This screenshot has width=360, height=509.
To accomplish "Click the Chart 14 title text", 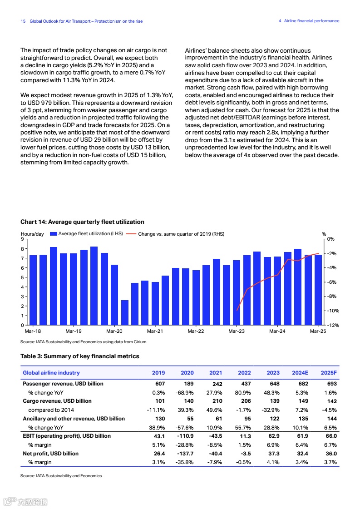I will pyautogui.click(x=82, y=222).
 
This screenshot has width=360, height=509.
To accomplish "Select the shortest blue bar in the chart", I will pyautogui.click(x=124, y=312).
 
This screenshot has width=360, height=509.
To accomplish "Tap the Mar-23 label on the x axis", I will pyautogui.click(x=236, y=331).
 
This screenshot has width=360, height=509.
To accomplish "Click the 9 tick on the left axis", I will pyautogui.click(x=22, y=239).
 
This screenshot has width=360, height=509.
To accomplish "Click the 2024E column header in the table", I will pyautogui.click(x=300, y=373).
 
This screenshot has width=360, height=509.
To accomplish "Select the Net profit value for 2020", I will pyautogui.click(x=186, y=454).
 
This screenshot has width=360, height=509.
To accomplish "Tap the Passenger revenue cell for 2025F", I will pyautogui.click(x=331, y=384).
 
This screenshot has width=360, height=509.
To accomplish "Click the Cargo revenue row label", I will pyautogui.click(x=57, y=401).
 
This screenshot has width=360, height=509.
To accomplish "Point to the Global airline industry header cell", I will pyautogui.click(x=51, y=373).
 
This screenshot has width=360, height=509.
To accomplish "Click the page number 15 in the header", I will pyautogui.click(x=23, y=21).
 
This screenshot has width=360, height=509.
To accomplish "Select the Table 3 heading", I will pyautogui.click(x=80, y=356).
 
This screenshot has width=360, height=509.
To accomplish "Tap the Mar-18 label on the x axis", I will pyautogui.click(x=33, y=331).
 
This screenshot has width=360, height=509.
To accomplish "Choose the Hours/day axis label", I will pyautogui.click(x=32, y=234).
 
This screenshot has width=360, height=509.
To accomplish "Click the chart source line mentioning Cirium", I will pyautogui.click(x=83, y=342).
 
